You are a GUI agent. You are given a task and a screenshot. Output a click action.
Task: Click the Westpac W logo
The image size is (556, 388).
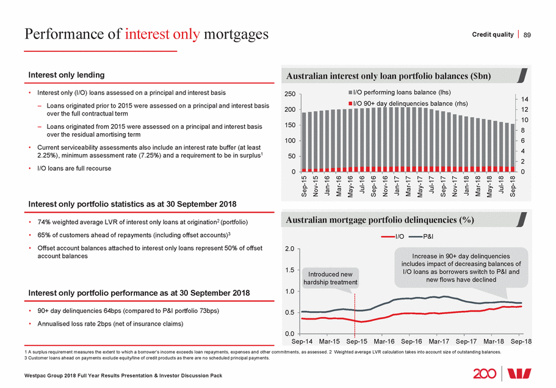point(528,373)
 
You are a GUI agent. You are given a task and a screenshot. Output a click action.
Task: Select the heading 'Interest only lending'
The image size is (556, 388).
point(67,75)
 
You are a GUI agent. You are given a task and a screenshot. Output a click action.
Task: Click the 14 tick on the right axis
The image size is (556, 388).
point(524,98)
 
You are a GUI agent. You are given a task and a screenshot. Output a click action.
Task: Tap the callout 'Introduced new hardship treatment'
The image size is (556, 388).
point(330,278)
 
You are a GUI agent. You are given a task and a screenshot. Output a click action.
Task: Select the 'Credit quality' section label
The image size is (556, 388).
point(493,34)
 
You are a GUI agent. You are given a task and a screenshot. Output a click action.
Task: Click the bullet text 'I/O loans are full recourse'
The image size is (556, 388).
point(74,168)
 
